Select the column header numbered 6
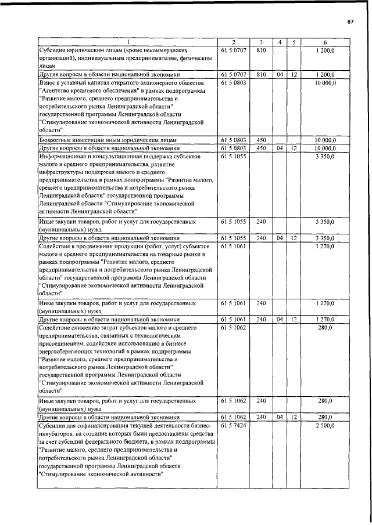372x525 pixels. coord(325,42)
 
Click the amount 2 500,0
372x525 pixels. coord(325,426)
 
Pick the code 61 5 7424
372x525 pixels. coord(234,426)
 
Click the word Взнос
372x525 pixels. coord(48,83)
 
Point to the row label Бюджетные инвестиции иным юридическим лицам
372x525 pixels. coord(108,140)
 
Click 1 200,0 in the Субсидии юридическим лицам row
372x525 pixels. coord(325,51)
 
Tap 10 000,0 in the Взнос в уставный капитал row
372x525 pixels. coord(325,83)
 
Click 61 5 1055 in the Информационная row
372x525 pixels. coord(234,157)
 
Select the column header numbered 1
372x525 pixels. coord(128,42)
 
